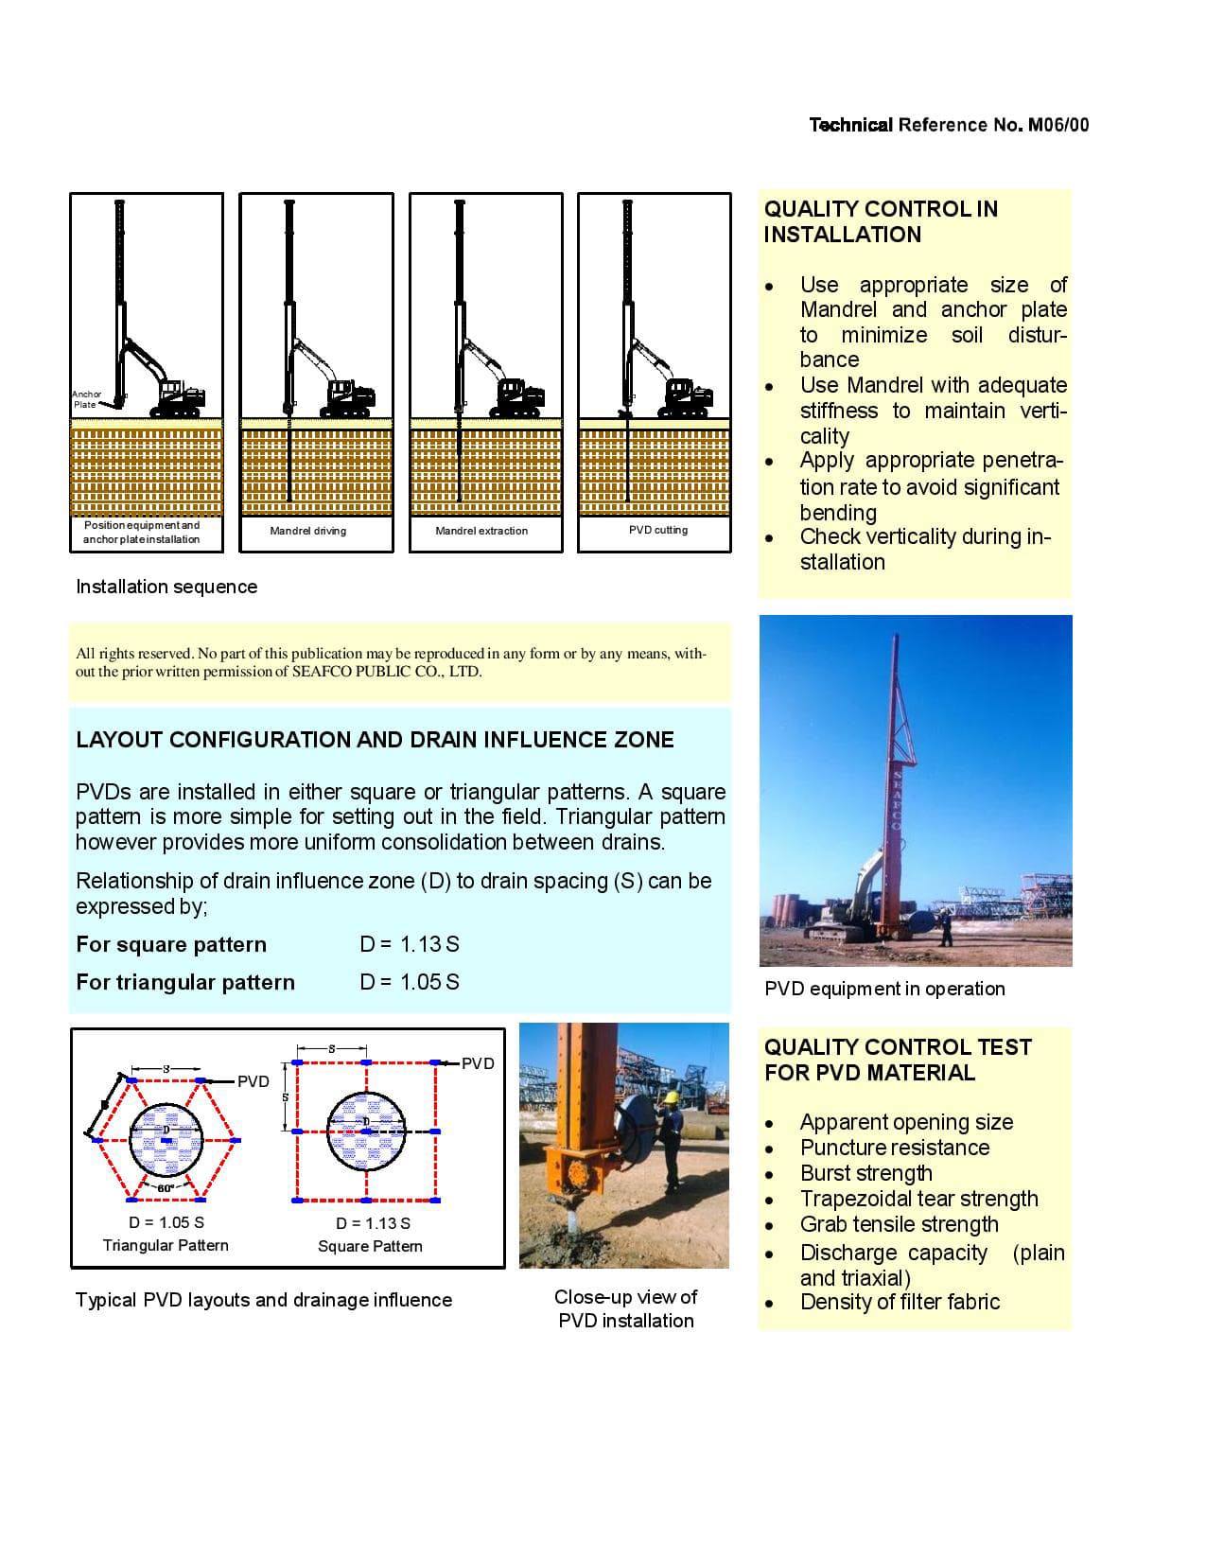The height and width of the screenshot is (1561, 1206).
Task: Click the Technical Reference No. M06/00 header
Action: tap(949, 125)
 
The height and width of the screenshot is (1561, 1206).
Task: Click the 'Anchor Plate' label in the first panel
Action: tap(86, 399)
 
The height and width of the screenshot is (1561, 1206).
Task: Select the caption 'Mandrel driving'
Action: tap(307, 531)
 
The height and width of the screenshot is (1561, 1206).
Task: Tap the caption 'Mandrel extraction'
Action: tap(481, 531)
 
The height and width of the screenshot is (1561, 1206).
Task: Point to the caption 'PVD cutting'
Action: tap(657, 530)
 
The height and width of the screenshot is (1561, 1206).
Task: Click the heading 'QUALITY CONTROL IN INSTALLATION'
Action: tap(880, 221)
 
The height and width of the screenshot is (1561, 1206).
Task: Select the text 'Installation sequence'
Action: tap(166, 587)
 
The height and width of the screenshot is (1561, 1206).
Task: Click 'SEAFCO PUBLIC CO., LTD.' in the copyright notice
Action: tap(387, 672)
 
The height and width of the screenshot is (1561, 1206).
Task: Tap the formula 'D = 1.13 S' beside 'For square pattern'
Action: tap(410, 944)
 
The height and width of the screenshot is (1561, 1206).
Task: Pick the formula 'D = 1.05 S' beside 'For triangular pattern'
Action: tap(410, 982)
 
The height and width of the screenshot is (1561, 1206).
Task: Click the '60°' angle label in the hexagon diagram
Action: tap(166, 1188)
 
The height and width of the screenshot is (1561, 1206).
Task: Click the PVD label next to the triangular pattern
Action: tap(253, 1081)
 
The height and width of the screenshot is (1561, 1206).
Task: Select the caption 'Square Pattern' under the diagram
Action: tap(370, 1246)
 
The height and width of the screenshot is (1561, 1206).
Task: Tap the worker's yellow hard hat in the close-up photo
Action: tap(671, 1097)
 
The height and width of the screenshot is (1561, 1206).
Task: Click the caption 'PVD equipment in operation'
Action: tap(884, 989)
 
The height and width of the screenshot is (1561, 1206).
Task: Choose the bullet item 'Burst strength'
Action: tap(865, 1173)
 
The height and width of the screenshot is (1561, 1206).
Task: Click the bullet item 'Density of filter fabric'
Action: tap(900, 1302)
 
